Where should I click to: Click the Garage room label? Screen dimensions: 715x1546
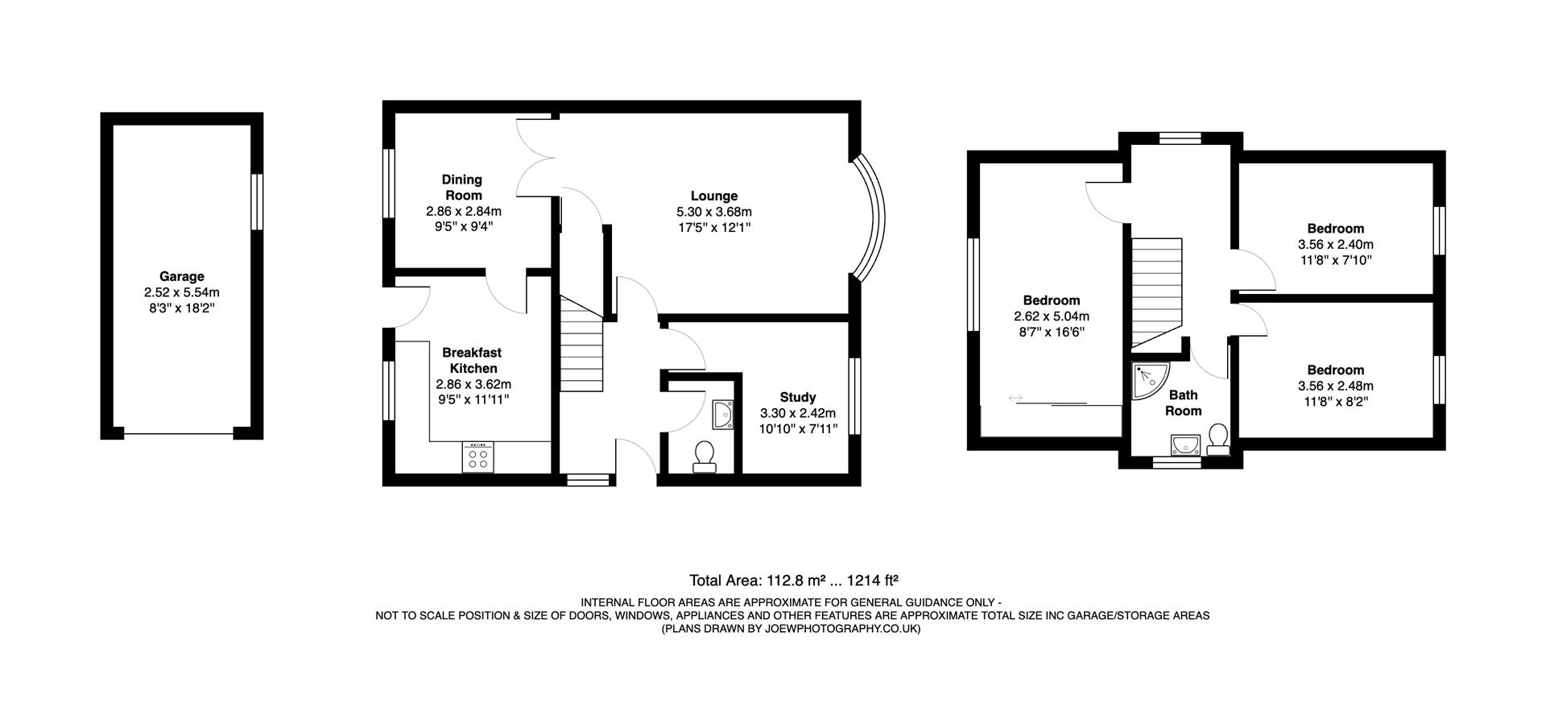[x=181, y=276]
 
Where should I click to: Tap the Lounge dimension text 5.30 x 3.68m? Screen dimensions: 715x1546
[x=713, y=212]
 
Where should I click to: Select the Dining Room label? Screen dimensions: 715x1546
[x=462, y=187]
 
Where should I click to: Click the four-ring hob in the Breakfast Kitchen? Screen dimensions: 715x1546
[x=477, y=458]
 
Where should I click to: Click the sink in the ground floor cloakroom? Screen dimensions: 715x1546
[x=722, y=415]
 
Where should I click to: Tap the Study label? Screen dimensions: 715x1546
[x=797, y=397]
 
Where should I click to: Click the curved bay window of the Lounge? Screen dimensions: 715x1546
[x=872, y=217]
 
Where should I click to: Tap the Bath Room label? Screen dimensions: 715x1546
[x=1184, y=403]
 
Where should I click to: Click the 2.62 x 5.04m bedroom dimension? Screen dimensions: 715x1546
[x=1051, y=316]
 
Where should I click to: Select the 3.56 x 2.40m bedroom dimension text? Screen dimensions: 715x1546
[x=1335, y=245]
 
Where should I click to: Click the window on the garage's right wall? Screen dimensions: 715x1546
[x=258, y=202]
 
